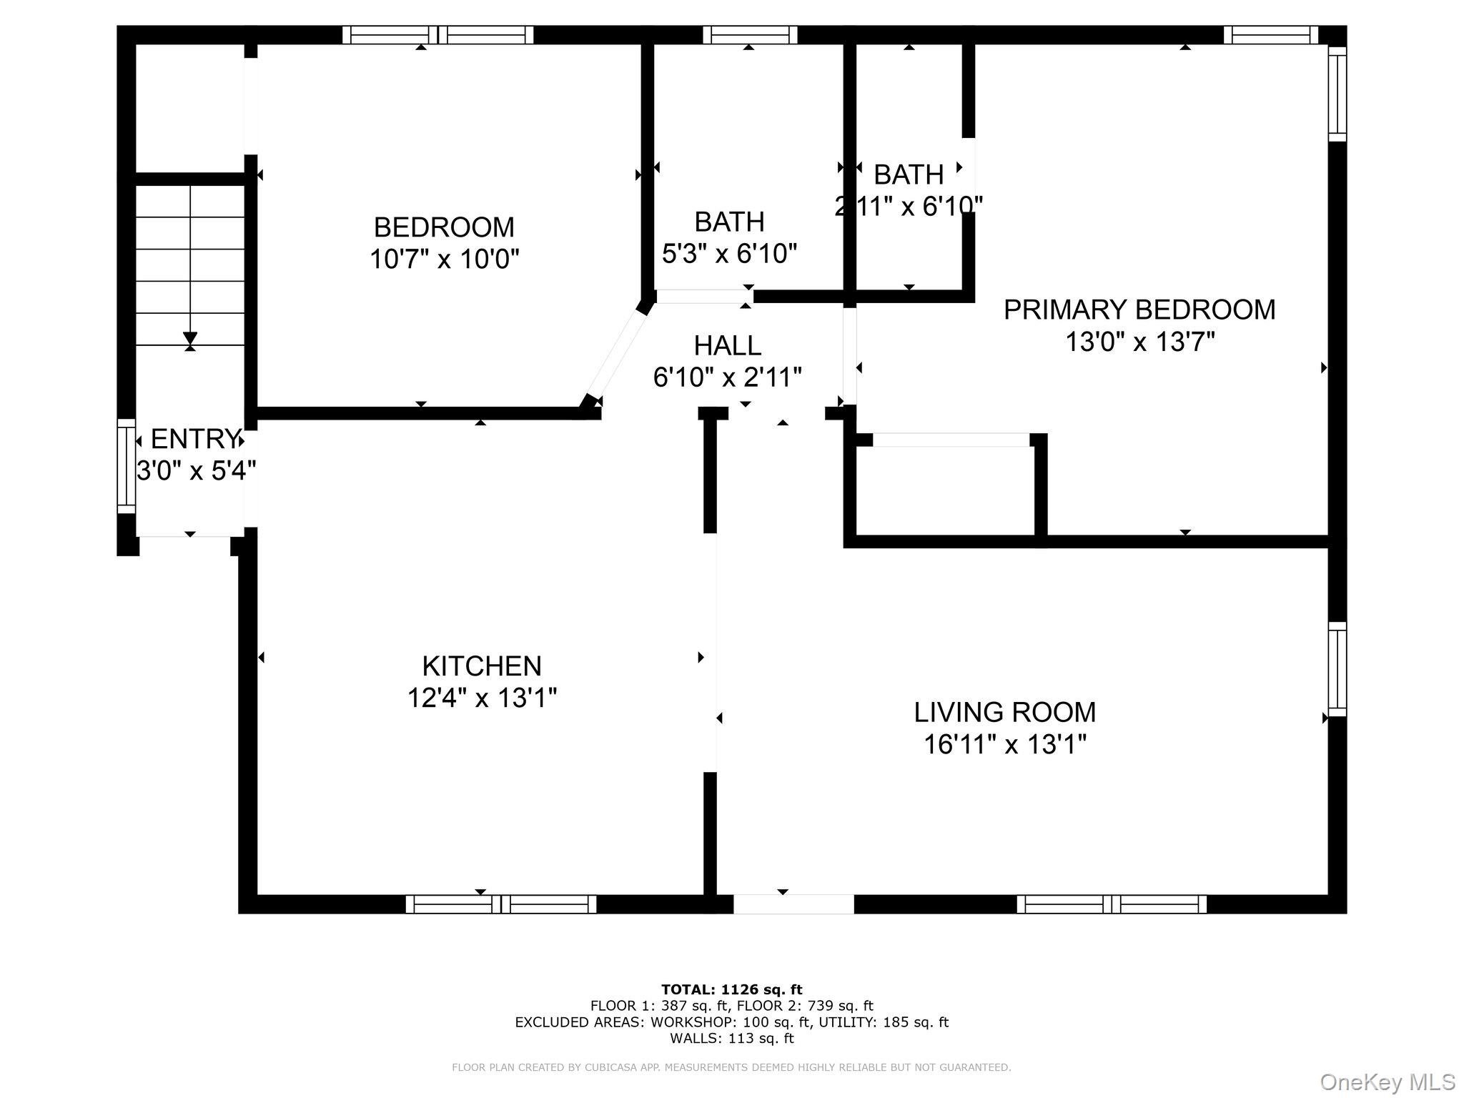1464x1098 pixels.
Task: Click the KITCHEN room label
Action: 481,666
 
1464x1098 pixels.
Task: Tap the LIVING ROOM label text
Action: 1004,713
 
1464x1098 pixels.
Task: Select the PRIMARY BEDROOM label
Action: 1139,310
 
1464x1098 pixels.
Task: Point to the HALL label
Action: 727,346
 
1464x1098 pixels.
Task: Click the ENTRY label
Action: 194,438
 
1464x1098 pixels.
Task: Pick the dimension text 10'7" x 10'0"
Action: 443,259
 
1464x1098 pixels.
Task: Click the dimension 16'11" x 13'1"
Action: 1004,745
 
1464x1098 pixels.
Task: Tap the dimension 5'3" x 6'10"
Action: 729,253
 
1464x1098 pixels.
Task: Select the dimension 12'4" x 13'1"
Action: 481,698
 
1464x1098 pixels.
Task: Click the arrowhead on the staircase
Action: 190,338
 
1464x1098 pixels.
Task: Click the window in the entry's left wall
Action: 127,466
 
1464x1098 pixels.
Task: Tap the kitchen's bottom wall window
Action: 500,904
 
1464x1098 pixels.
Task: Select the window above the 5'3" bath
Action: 749,35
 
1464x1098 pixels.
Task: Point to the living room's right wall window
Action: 1337,669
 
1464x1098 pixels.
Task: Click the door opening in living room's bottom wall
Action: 793,904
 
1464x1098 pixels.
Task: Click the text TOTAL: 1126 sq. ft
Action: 731,990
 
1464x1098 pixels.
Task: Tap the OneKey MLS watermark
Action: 1386,1082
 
